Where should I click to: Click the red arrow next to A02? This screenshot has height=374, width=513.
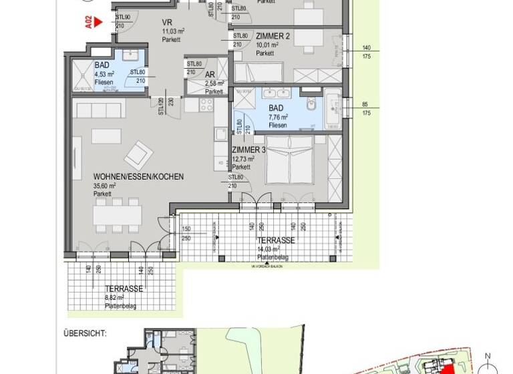98,21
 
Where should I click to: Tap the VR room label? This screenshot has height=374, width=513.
167,21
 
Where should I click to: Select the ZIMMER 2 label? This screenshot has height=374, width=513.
273,36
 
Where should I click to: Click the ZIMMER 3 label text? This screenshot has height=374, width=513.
248,150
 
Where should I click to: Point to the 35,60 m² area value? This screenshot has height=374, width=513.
104,186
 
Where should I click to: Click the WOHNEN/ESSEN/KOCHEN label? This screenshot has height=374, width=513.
138,177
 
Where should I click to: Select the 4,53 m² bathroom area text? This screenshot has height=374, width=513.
104,74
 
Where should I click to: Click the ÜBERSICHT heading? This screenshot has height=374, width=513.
85,332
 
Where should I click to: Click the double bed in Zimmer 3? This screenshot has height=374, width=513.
290,161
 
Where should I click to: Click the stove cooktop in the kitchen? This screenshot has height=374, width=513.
205,105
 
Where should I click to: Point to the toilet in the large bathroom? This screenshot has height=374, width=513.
311,105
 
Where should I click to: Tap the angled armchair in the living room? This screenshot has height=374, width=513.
138,154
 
